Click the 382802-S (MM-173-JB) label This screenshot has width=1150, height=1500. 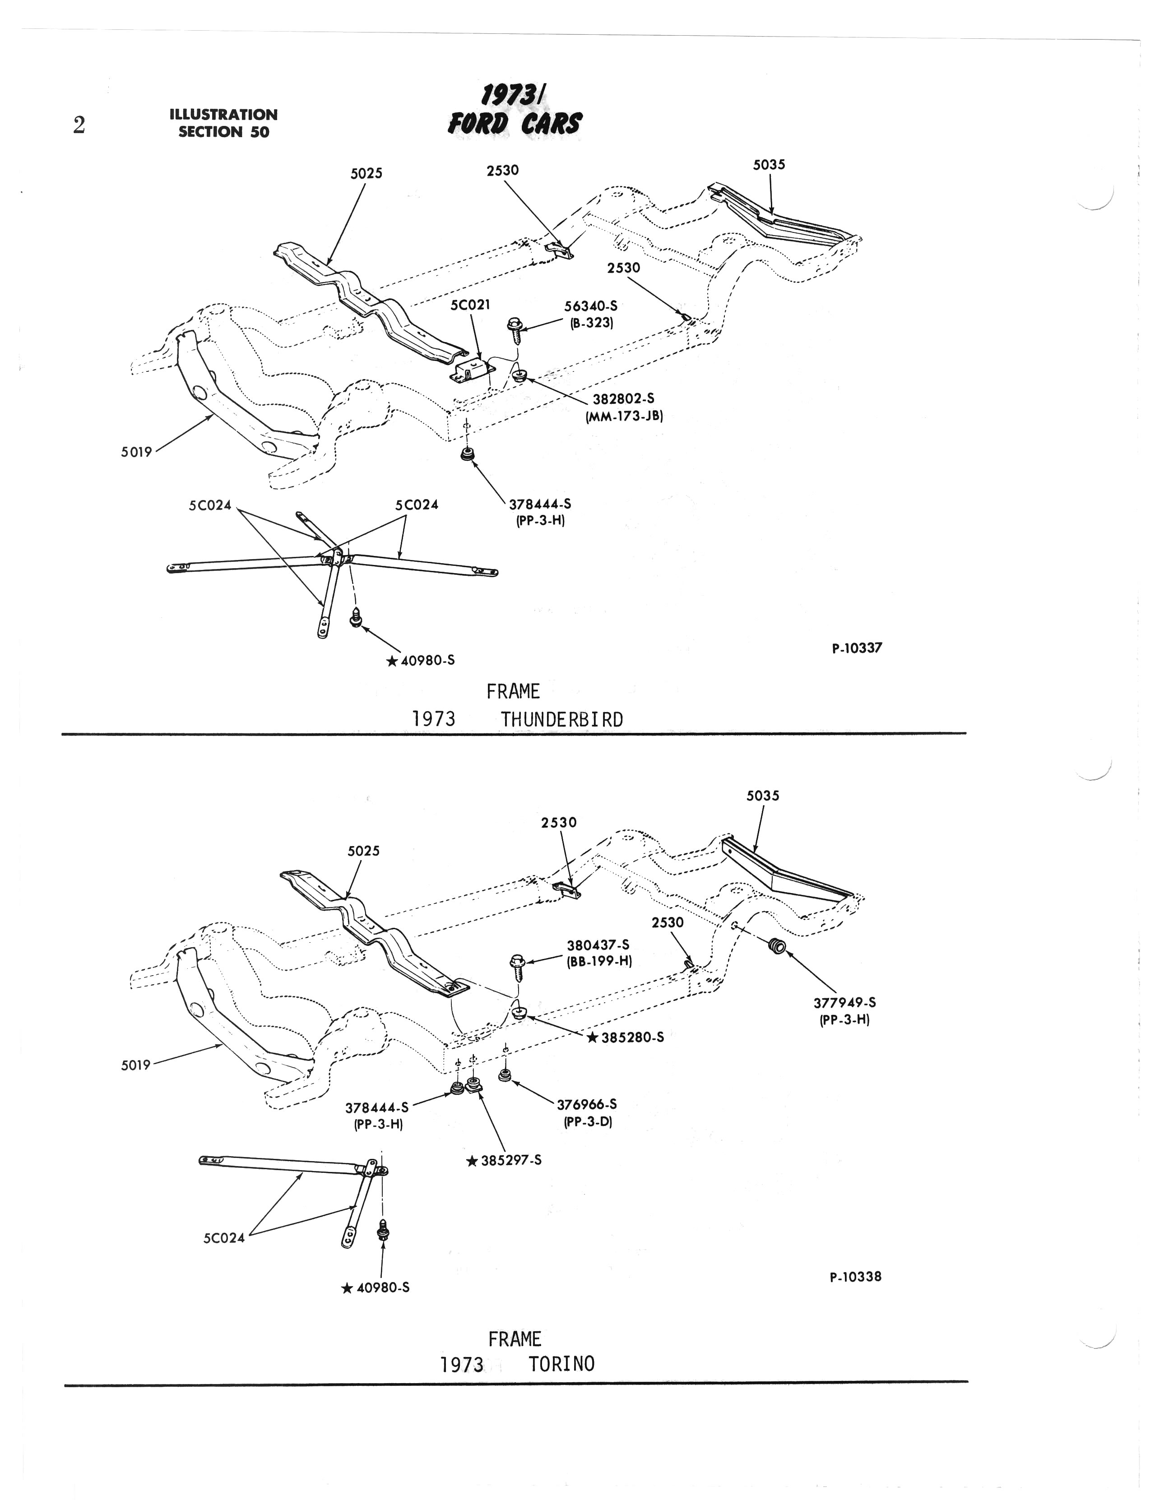click(x=624, y=407)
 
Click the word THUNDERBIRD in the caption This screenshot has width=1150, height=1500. click(x=562, y=720)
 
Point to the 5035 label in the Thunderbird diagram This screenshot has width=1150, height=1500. click(x=769, y=164)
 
